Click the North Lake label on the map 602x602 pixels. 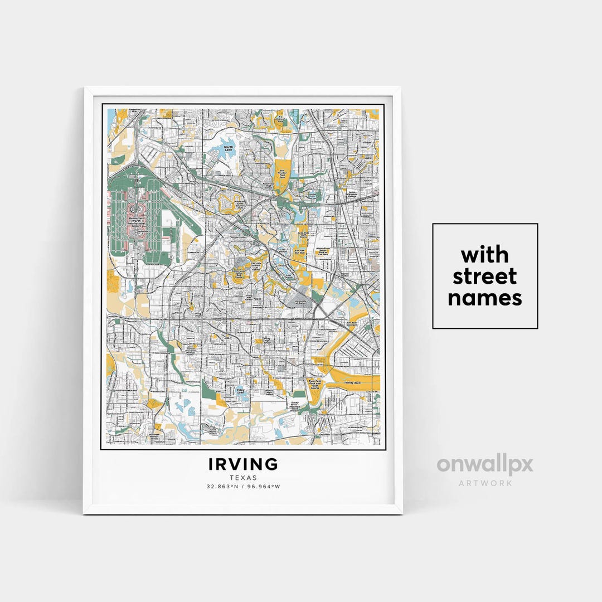click(x=228, y=148)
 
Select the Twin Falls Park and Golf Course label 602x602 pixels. click(x=315, y=384)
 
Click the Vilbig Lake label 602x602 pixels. click(x=240, y=391)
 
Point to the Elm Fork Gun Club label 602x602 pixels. click(x=300, y=251)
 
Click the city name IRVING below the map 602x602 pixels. click(x=243, y=464)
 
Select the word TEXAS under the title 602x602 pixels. click(x=243, y=478)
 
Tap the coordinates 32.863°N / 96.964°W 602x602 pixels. click(x=243, y=487)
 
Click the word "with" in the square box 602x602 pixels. click(x=484, y=255)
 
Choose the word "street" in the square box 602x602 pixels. click(x=484, y=276)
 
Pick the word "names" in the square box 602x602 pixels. click(x=484, y=298)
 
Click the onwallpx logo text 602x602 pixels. click(x=484, y=465)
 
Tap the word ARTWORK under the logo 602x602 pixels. click(x=485, y=483)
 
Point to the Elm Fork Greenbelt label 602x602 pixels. click(x=352, y=323)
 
